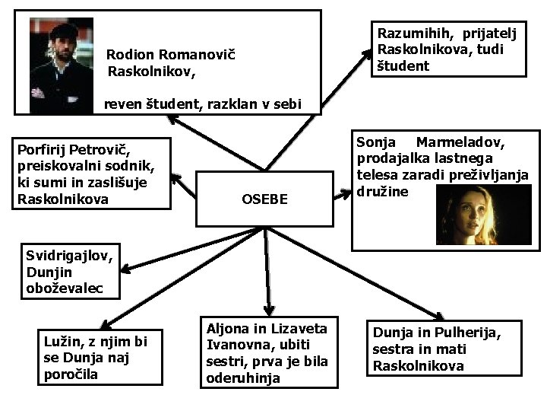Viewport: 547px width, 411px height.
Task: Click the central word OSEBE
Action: point(264,199)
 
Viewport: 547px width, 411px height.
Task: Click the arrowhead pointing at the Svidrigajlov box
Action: point(122,269)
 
